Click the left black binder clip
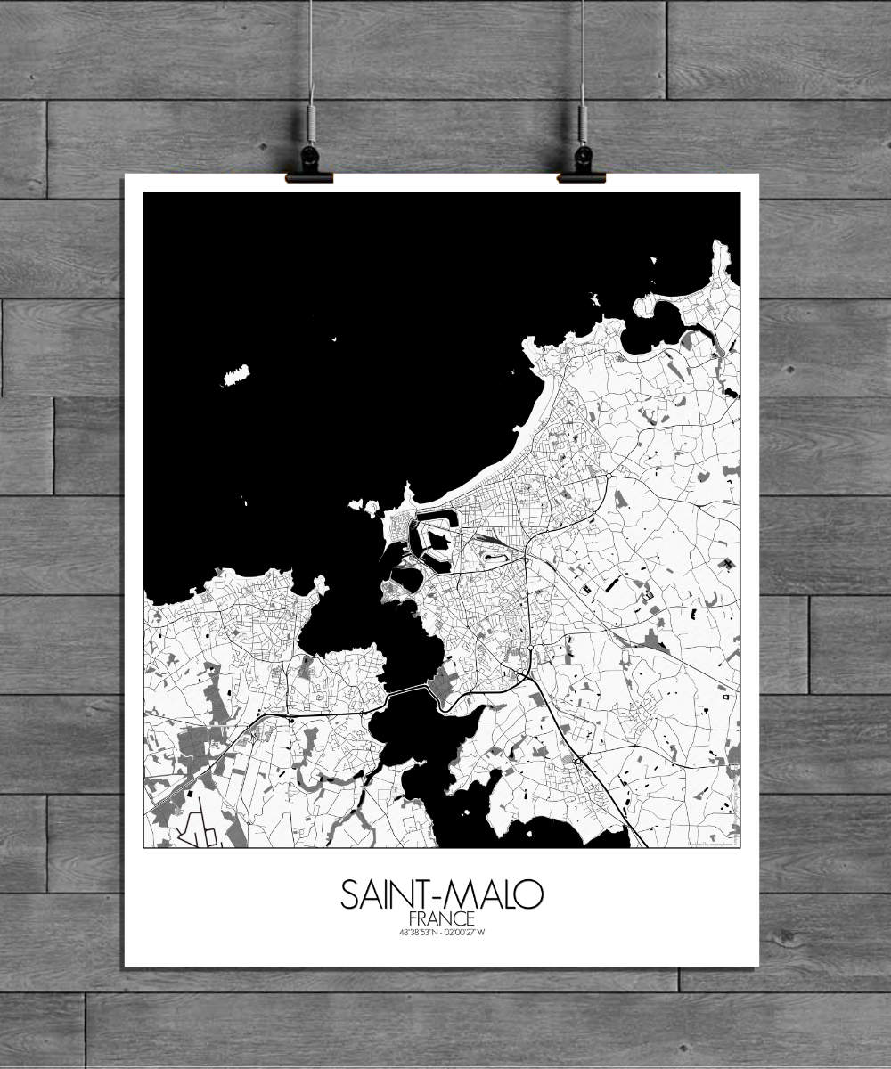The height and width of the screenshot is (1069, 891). tap(309, 165)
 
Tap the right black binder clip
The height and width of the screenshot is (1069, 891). tap(582, 165)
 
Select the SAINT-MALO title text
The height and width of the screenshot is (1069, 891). tap(441, 894)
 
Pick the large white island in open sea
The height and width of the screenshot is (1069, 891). tap(236, 375)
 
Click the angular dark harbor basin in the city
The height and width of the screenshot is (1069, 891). tap(434, 539)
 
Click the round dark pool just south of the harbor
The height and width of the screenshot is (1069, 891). tap(406, 579)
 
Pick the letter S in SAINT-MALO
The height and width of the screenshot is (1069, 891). tap(349, 894)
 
